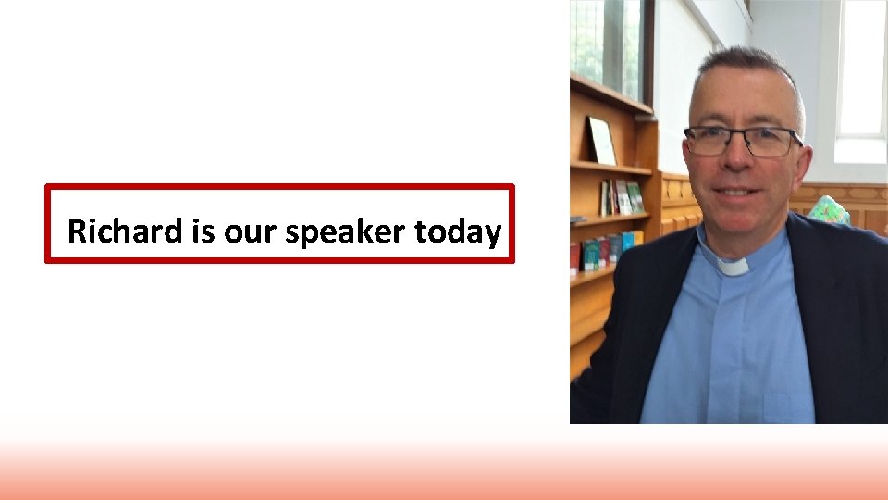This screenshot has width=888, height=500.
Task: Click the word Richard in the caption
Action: pyautogui.click(x=126, y=231)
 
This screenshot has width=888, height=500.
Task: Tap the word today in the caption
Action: pyautogui.click(x=458, y=231)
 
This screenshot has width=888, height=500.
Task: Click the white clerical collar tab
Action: pyautogui.click(x=733, y=266)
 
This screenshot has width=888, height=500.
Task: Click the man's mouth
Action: pyautogui.click(x=737, y=192)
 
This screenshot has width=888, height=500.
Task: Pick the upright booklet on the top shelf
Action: pyautogui.click(x=602, y=141)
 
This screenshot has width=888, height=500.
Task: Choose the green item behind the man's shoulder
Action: pyautogui.click(x=830, y=210)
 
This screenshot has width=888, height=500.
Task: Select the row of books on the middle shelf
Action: pyautogui.click(x=621, y=198)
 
